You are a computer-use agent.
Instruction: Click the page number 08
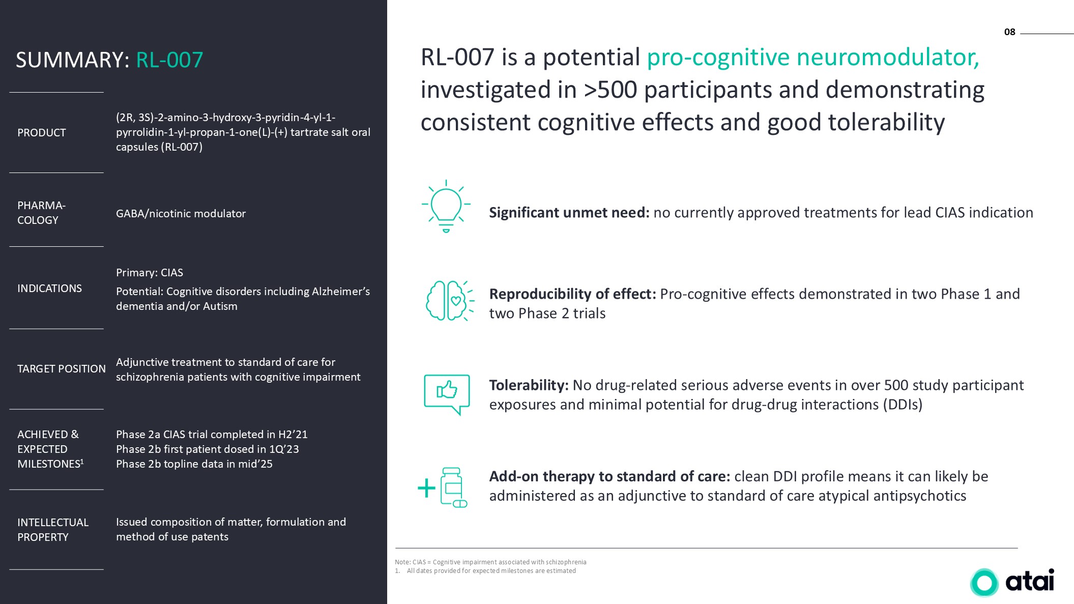click(x=1009, y=32)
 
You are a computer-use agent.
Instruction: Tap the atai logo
click(x=1012, y=581)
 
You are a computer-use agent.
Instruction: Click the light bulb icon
click(x=446, y=206)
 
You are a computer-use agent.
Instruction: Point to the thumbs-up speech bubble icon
click(x=447, y=394)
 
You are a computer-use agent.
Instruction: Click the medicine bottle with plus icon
click(x=443, y=487)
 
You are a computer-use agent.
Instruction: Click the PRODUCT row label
click(x=42, y=133)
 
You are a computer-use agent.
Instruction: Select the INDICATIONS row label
click(x=49, y=289)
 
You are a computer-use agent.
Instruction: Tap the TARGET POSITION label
click(x=62, y=369)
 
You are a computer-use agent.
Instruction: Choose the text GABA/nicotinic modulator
click(x=181, y=214)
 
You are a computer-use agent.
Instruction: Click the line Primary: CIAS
click(x=150, y=273)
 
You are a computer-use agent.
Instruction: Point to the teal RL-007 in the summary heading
click(x=169, y=60)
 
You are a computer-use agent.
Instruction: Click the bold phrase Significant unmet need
click(x=569, y=213)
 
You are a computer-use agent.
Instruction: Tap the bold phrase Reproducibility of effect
click(x=572, y=294)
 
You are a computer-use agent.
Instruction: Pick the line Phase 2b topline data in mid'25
click(x=194, y=464)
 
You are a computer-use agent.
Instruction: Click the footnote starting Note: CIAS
click(x=490, y=562)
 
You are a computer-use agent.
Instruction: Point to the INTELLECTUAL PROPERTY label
click(x=53, y=530)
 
